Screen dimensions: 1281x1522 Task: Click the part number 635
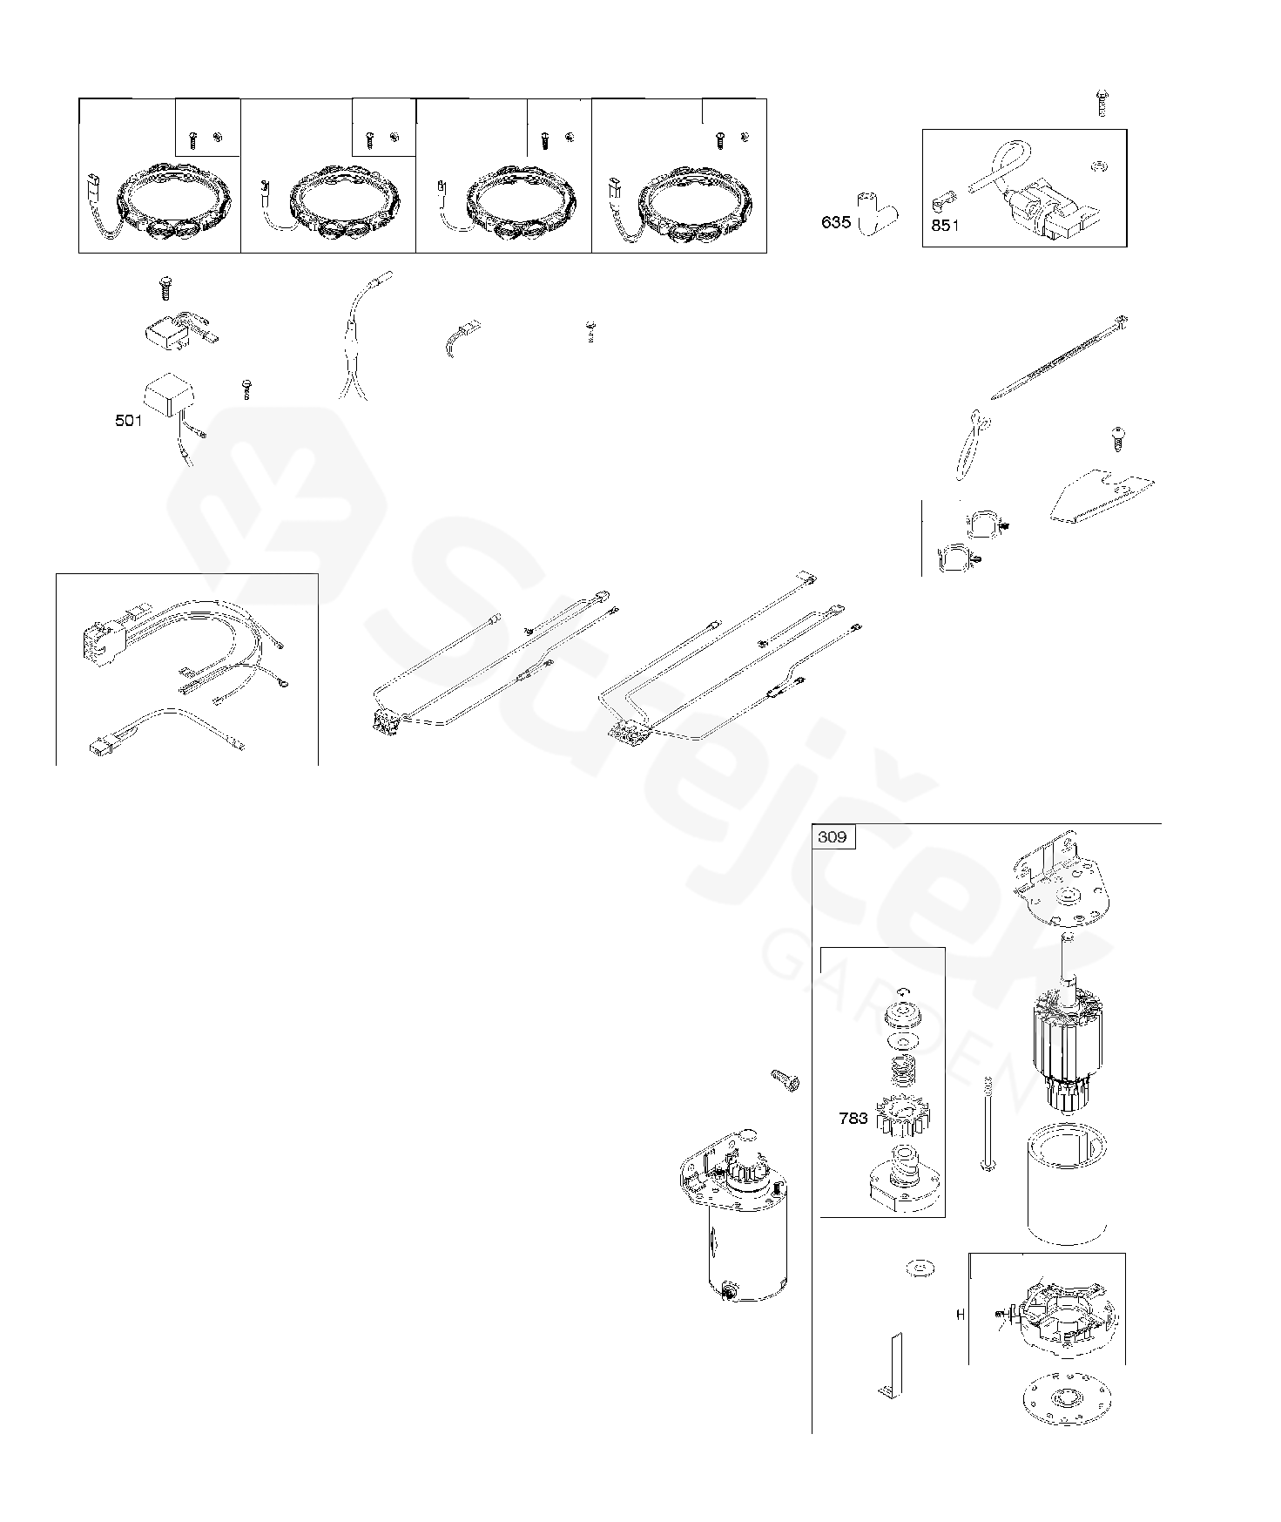(835, 222)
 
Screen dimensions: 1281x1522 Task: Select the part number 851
(945, 226)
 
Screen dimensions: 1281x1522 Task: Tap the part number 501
(128, 422)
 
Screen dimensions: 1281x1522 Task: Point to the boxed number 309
(833, 837)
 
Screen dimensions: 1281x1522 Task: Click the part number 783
(853, 1119)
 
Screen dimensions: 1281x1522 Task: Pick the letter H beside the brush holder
(961, 1315)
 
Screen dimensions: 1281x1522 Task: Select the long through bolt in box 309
(988, 1124)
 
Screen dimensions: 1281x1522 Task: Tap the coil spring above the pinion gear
(903, 1071)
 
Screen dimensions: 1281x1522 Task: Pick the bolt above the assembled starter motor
(785, 1081)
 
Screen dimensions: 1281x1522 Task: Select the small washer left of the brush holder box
(918, 1270)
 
